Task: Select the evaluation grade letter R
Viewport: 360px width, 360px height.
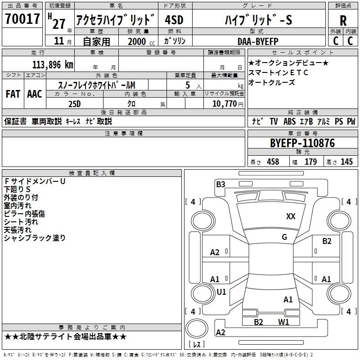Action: (x=343, y=20)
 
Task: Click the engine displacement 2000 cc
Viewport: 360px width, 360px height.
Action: (x=137, y=41)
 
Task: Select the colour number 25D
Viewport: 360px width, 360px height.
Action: (x=74, y=104)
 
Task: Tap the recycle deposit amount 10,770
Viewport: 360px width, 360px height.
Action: (x=224, y=104)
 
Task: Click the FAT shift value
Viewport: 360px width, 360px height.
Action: (x=13, y=94)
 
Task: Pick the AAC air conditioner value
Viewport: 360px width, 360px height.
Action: (x=35, y=94)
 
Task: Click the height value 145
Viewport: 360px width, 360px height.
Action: (x=346, y=162)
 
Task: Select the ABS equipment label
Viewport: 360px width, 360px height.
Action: (x=290, y=121)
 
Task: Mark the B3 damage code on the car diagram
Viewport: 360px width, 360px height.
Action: (x=220, y=184)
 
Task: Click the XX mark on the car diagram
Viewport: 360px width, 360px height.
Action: (x=291, y=216)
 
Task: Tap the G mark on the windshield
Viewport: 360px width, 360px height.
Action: (x=284, y=237)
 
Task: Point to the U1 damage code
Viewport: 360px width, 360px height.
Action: (x=221, y=292)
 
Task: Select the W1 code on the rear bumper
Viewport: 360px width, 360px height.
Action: (x=283, y=322)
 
